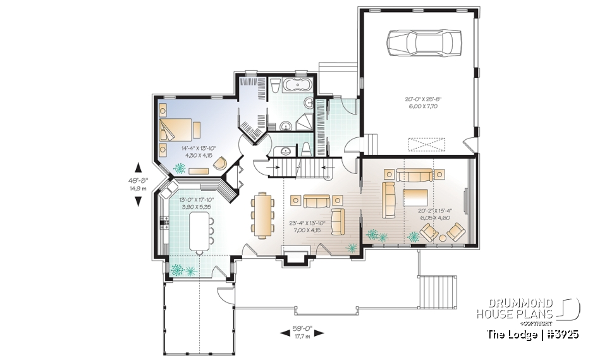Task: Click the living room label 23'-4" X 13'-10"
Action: (x=307, y=226)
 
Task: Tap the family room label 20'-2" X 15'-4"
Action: (x=434, y=214)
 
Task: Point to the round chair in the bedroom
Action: (x=219, y=164)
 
